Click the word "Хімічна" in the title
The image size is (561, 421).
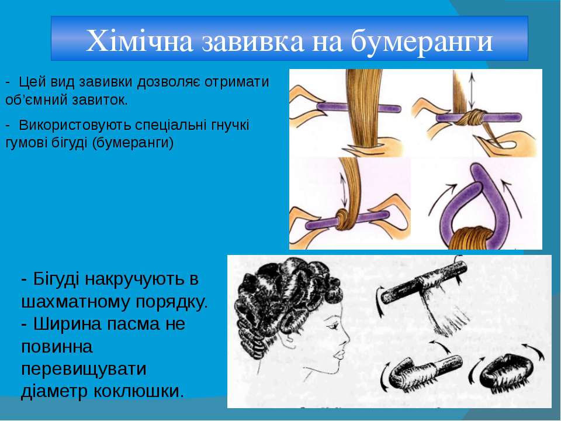(x=140, y=40)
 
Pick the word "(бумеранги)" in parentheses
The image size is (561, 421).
(x=133, y=143)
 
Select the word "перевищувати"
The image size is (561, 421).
(x=84, y=369)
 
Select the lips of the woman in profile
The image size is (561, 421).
(x=338, y=354)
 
